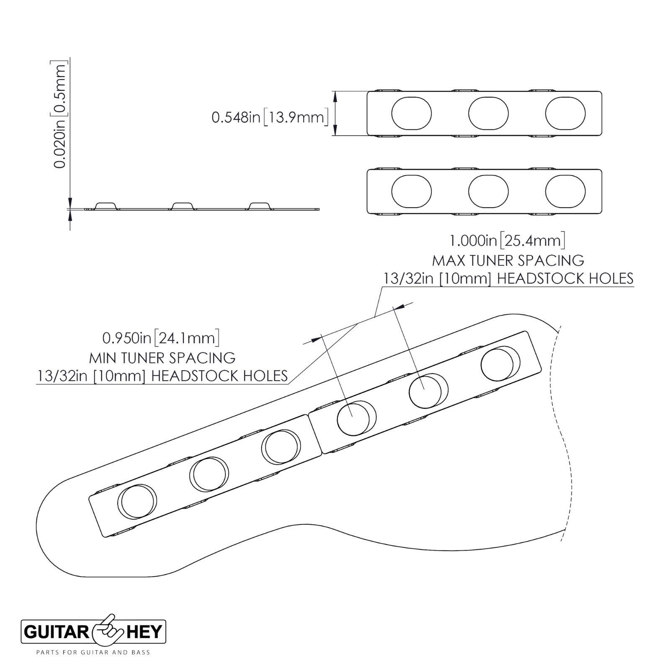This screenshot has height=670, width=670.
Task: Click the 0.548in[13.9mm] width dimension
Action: (x=268, y=117)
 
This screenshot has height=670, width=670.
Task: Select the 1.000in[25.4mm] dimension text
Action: (x=507, y=241)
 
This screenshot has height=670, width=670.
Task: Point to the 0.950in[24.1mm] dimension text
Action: (x=161, y=338)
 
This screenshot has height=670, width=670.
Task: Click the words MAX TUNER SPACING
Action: (x=508, y=260)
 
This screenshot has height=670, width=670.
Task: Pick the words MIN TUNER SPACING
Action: (x=162, y=358)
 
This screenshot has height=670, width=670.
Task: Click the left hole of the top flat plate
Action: (x=411, y=113)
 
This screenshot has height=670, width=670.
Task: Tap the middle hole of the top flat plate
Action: (x=488, y=113)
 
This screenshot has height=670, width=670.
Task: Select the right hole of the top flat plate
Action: (x=565, y=113)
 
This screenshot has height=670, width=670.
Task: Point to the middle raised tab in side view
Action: (x=183, y=206)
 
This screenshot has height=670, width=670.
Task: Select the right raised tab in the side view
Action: (x=260, y=206)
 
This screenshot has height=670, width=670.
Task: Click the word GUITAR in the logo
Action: (x=55, y=632)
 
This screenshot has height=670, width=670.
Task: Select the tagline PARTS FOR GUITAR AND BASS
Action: (x=93, y=652)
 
